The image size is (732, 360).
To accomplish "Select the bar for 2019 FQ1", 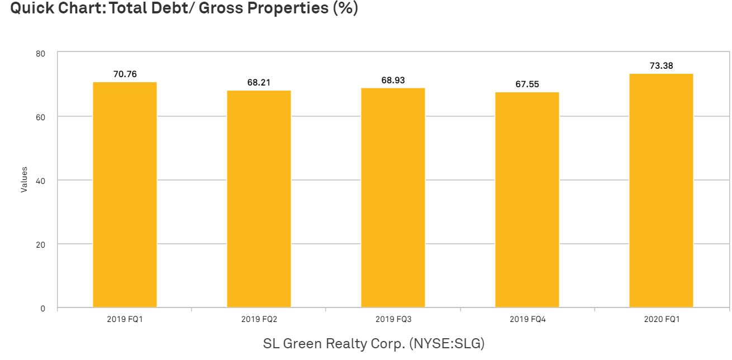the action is tap(125, 195).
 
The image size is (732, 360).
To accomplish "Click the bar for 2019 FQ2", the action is tap(259, 199).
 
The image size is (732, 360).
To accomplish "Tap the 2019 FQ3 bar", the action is tap(393, 197).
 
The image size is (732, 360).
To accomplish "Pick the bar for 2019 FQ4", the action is tap(527, 200).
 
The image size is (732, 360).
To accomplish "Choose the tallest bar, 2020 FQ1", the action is tap(661, 190).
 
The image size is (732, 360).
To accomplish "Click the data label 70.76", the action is tap(125, 74).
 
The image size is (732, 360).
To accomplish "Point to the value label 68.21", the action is tap(259, 82).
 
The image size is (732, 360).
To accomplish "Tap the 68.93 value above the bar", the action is tap(393, 80).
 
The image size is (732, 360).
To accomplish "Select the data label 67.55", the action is tap(527, 84).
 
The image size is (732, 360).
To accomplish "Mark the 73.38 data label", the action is tap(662, 66).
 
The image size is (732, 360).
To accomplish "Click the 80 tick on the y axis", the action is tap(41, 54).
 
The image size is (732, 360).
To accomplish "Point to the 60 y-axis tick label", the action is tap(41, 117).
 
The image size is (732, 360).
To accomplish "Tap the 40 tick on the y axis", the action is tap(41, 181).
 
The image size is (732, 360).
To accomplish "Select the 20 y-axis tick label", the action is tap(41, 245).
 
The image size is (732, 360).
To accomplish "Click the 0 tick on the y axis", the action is tap(43, 309).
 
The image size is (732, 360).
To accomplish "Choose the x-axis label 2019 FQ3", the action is tap(393, 319).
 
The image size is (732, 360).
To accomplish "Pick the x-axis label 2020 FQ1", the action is tap(662, 319).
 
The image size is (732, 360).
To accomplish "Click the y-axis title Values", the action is tap(24, 179).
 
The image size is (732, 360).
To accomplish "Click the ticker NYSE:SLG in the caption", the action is tap(446, 344).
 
